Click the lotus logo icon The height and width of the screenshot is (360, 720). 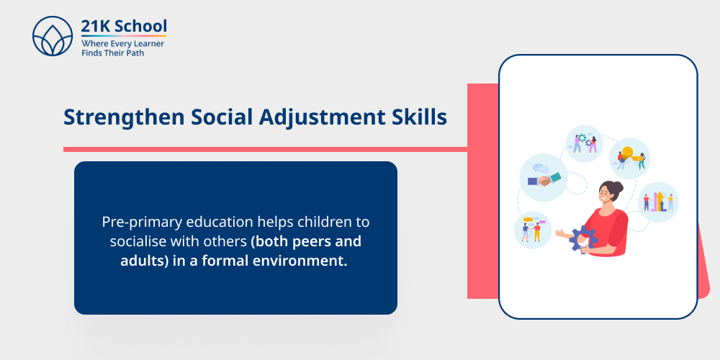pos(53,37)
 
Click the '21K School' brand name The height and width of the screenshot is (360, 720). pos(124,26)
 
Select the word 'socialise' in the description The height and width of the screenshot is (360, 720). pos(139,241)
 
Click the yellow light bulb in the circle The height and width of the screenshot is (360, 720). pos(627,153)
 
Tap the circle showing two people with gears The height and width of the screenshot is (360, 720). pos(584,143)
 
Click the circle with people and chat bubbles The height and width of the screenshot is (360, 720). pos(533,229)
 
